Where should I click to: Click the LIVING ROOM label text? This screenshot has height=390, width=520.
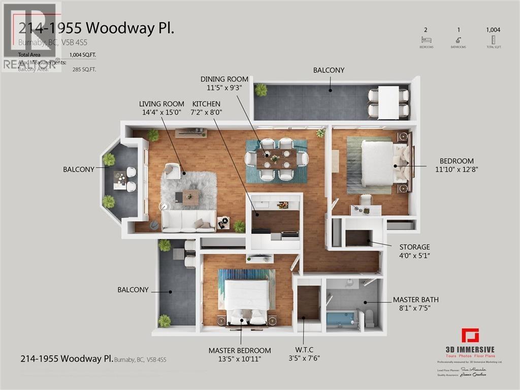click(x=162, y=104)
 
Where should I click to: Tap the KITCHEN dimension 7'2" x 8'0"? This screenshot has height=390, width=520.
click(x=207, y=112)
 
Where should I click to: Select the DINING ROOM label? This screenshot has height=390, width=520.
click(x=224, y=79)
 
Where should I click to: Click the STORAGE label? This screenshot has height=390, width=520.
click(x=414, y=247)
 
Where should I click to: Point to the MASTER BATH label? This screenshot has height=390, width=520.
click(x=416, y=300)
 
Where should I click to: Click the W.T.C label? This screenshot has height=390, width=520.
click(x=303, y=349)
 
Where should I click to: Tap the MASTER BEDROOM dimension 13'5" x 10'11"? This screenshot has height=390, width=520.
click(x=240, y=359)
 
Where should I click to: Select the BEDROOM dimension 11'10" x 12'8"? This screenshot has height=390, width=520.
click(x=458, y=169)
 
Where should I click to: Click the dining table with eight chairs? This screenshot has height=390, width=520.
click(x=276, y=159)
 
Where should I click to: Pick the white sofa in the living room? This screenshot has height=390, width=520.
click(x=188, y=220)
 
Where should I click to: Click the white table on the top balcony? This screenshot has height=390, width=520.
click(x=388, y=102)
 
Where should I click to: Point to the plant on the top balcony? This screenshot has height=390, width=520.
click(x=261, y=90)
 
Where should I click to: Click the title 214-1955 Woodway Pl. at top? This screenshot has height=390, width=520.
click(x=96, y=28)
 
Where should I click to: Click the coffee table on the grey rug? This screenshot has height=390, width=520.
click(x=190, y=197)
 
